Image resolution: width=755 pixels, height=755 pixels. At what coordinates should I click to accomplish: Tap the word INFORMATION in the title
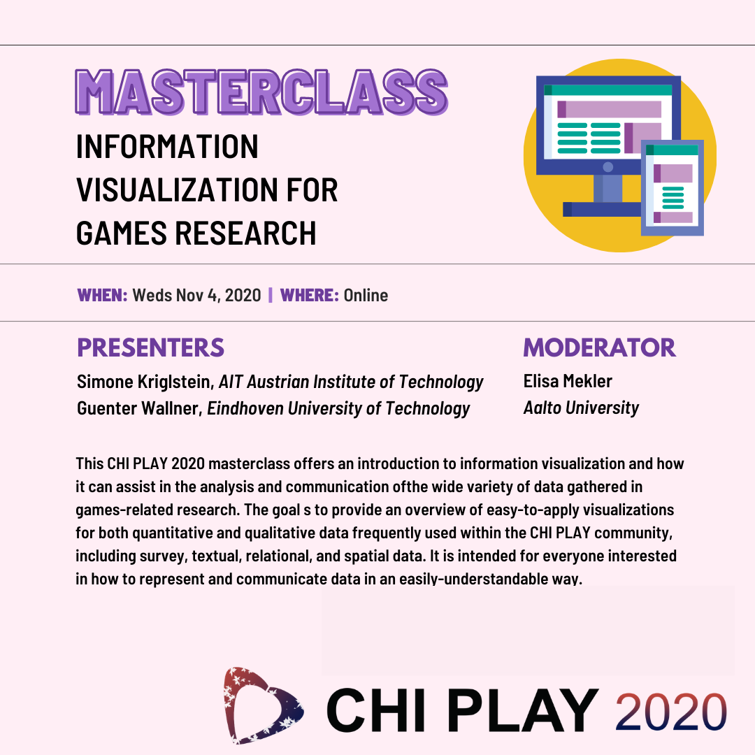pyautogui.click(x=167, y=147)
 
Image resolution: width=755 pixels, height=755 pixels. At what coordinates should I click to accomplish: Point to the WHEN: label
pyautogui.click(x=102, y=295)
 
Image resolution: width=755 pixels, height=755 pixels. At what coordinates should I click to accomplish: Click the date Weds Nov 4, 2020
pyautogui.click(x=196, y=295)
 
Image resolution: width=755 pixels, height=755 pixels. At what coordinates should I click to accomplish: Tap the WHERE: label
pyautogui.click(x=309, y=295)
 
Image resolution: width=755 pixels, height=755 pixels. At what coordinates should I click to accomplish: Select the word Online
pyautogui.click(x=366, y=295)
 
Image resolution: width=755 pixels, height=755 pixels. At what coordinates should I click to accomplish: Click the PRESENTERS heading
pyautogui.click(x=150, y=347)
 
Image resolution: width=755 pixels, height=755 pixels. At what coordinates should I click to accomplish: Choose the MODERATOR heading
pyautogui.click(x=599, y=347)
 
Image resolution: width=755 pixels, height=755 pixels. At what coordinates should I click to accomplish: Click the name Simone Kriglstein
pyautogui.click(x=145, y=382)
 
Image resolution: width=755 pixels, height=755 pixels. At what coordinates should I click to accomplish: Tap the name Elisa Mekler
pyautogui.click(x=568, y=381)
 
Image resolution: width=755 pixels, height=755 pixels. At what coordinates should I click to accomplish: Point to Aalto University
pyautogui.click(x=581, y=408)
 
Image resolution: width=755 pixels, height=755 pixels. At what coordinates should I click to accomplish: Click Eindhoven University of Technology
pyautogui.click(x=339, y=408)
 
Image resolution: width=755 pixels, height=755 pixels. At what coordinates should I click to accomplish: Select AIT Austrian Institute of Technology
pyautogui.click(x=351, y=382)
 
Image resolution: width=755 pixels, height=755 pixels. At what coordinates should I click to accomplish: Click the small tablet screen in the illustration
pyautogui.click(x=673, y=187)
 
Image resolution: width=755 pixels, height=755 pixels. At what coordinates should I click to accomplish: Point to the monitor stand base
pyautogui.click(x=603, y=208)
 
